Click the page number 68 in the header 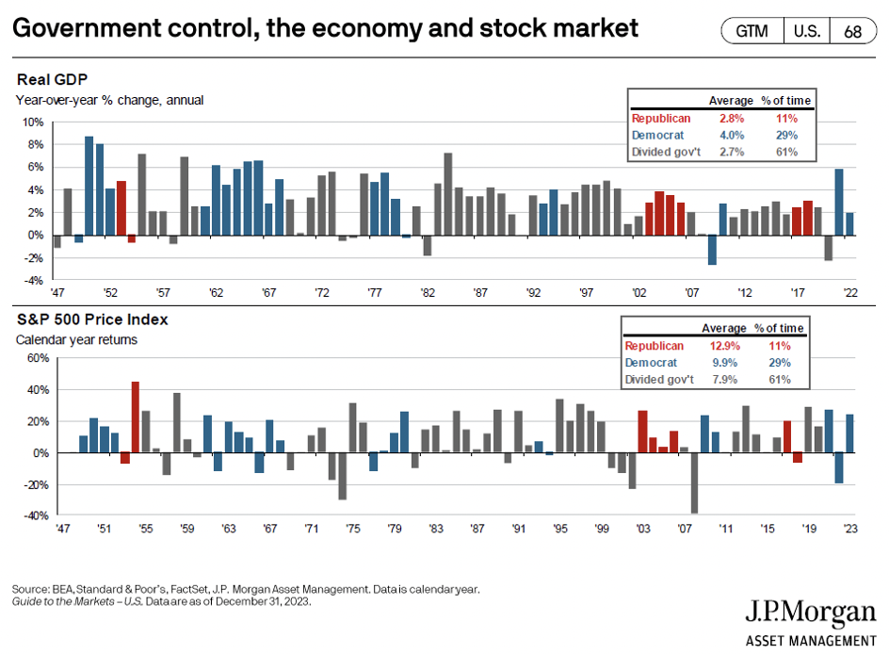point(852,31)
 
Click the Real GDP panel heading point(46,81)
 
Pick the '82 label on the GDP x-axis point(428,293)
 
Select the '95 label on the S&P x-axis point(559,529)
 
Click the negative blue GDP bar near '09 point(713,250)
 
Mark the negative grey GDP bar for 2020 point(829,247)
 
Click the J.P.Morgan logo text point(811,613)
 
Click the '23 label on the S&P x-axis point(850,529)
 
